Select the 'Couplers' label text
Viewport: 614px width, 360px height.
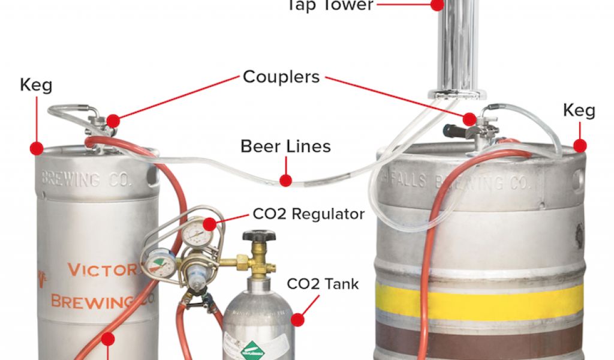[x=281, y=77]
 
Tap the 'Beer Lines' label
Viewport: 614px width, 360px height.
[x=285, y=146]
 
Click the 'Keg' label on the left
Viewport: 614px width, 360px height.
[x=36, y=85]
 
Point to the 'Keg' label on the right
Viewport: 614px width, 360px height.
[x=579, y=110]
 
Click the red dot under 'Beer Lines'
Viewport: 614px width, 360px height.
[x=286, y=179]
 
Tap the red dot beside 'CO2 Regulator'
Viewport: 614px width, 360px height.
[x=210, y=224]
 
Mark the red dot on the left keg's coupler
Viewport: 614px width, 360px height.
[x=113, y=121]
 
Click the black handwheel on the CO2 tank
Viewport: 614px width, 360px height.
[x=259, y=236]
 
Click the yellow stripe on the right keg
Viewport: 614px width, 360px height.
[x=480, y=301]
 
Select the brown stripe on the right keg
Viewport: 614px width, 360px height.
[x=480, y=339]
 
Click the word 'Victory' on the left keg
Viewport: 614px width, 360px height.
[x=102, y=269]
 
